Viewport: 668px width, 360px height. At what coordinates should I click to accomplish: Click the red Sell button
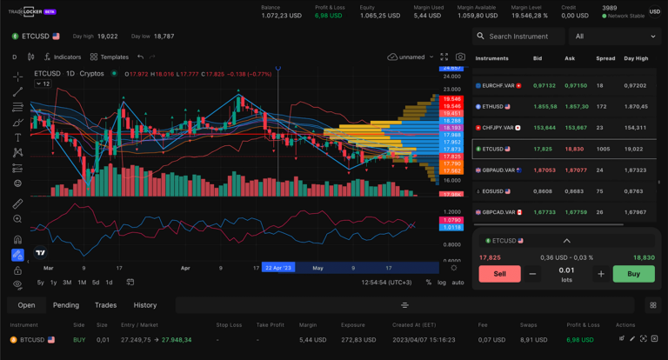499,274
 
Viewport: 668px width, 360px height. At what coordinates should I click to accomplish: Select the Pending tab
66,305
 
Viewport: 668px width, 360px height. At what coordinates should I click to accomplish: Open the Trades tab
105,305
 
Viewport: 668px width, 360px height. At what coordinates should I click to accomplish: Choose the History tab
145,305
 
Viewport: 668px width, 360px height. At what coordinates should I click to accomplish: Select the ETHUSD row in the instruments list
493,106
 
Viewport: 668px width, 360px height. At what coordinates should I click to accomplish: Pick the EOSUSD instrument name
493,191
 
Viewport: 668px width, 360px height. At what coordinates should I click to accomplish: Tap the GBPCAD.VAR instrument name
498,212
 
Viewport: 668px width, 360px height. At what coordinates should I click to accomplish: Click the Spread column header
605,58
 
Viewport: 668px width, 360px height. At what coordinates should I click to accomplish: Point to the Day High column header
636,58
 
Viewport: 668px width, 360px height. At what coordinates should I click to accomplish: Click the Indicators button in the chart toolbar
63,57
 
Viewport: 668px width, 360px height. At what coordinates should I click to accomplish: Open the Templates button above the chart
110,57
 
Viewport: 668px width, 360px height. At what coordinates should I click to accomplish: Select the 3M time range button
67,283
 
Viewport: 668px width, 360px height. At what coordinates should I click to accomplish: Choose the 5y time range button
41,283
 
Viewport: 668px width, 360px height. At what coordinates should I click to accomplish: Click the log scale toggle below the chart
442,283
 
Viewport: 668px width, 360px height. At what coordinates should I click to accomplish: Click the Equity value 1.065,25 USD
379,16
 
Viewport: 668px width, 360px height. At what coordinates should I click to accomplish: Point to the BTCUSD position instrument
32,339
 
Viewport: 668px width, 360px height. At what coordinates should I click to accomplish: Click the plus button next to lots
600,274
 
